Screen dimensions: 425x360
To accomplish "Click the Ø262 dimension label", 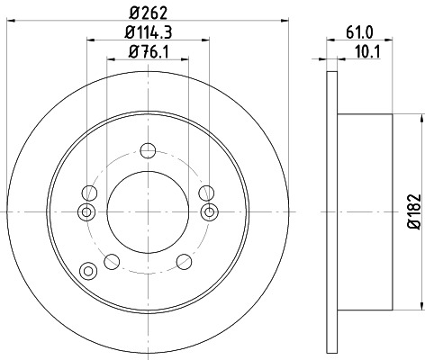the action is point(148,13).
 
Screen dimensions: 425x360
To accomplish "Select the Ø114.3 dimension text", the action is point(149,32).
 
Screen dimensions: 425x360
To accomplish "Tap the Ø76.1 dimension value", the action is point(149,51).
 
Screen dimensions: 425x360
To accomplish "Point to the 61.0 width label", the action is point(359,32).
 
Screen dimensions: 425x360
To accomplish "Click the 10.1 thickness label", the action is point(367,52).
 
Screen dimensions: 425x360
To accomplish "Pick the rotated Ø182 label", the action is point(415,212).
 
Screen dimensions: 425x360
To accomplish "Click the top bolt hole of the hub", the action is point(148,150).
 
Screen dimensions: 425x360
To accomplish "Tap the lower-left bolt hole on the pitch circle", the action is point(112,262).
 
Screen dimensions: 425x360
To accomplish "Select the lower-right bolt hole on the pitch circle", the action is point(184,262).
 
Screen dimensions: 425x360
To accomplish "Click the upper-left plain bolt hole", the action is point(89,193).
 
